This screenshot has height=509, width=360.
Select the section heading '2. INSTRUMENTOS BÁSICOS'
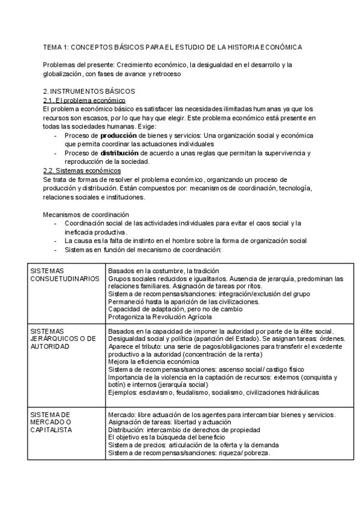(x=89, y=91)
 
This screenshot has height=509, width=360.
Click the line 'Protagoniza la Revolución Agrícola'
(x=160, y=316)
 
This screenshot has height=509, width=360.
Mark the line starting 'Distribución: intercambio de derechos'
(x=184, y=430)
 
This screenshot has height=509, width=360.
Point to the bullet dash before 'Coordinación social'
(x=56, y=223)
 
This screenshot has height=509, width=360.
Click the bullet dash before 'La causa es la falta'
(x=56, y=241)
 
